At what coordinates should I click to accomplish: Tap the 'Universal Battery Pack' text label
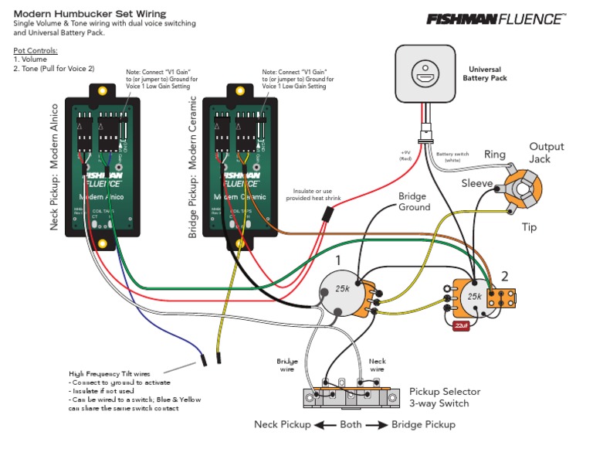pos(484,73)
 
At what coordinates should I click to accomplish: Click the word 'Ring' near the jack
pos(494,155)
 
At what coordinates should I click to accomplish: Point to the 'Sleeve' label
pos(476,183)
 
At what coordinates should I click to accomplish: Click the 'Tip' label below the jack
pos(528,227)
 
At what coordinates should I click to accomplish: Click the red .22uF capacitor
pos(462,325)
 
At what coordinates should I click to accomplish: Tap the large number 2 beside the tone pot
pos(504,274)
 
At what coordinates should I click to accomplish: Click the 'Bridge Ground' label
pos(414,202)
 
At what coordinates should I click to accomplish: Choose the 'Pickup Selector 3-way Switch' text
pos(439,397)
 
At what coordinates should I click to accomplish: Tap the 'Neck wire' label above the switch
pos(377,365)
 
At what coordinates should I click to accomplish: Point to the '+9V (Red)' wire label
pos(406,155)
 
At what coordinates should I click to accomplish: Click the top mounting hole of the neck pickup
pos(101,91)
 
